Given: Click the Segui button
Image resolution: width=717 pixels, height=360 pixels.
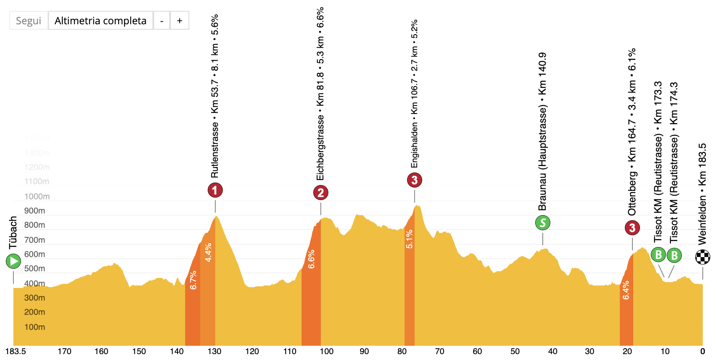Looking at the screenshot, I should pyautogui.click(x=28, y=21).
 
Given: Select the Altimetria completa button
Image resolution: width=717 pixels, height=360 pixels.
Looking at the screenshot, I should pyautogui.click(x=101, y=21).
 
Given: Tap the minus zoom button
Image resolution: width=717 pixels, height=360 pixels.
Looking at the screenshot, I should pyautogui.click(x=162, y=21).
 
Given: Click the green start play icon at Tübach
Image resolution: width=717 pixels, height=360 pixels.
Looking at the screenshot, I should pyautogui.click(x=13, y=262).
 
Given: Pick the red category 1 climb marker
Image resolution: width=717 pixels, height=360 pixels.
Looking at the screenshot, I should pyautogui.click(x=215, y=190).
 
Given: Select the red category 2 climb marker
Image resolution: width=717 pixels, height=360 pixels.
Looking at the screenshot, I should pyautogui.click(x=321, y=193).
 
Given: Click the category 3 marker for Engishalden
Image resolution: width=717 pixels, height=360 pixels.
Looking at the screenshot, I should pyautogui.click(x=415, y=180).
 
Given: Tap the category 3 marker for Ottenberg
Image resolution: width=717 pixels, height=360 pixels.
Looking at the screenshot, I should pyautogui.click(x=632, y=228).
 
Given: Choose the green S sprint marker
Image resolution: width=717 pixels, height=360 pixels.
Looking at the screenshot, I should pyautogui.click(x=543, y=223).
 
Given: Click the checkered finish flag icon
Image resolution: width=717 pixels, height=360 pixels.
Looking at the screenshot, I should pyautogui.click(x=703, y=257).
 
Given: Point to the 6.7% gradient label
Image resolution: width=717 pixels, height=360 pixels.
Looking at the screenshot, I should pyautogui.click(x=193, y=280).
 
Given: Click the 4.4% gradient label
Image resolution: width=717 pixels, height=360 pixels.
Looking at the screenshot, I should pyautogui.click(x=208, y=252).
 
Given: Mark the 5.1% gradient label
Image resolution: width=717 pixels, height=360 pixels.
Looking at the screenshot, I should pyautogui.click(x=409, y=239).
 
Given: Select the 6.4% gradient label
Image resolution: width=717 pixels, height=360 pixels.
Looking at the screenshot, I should pyautogui.click(x=626, y=290).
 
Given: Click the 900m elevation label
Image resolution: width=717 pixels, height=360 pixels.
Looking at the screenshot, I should pyautogui.click(x=34, y=211).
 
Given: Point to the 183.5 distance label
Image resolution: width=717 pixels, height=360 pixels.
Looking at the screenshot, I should pyautogui.click(x=15, y=351).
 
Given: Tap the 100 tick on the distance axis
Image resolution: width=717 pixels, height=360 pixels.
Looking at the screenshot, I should pyautogui.click(x=327, y=351).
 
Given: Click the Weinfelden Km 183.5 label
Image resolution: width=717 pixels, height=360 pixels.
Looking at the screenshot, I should pyautogui.click(x=702, y=194).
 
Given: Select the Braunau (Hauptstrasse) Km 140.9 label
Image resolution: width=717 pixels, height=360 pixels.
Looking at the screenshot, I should pyautogui.click(x=542, y=131).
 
